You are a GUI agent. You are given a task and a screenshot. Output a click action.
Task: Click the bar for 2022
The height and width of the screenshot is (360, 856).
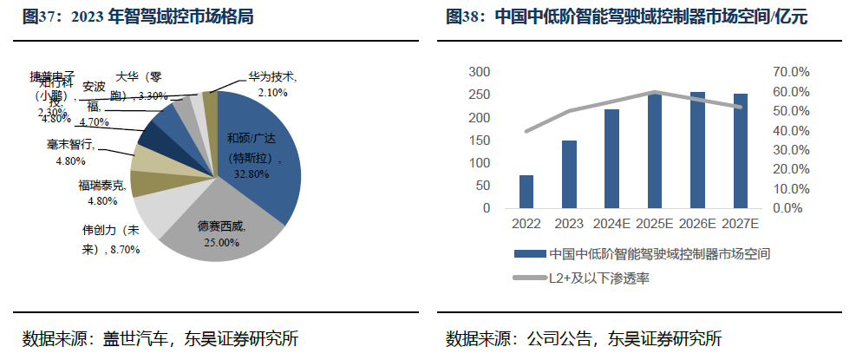click(x=526, y=192)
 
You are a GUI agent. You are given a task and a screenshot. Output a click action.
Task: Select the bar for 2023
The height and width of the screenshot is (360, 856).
click(x=569, y=174)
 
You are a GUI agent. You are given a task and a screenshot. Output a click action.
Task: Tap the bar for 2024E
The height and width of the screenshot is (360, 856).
click(x=612, y=159)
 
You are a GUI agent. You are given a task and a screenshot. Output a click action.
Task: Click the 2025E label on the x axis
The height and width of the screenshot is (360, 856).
click(x=655, y=224)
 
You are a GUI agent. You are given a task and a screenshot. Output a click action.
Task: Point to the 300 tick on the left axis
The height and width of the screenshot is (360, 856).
click(x=479, y=72)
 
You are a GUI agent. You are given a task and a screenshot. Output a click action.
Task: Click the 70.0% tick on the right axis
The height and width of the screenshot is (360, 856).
click(x=792, y=72)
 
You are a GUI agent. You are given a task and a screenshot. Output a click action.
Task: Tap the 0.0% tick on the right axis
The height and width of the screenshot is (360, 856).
click(x=792, y=208)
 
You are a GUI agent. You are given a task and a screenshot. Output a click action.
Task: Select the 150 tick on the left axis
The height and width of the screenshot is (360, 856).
click(x=479, y=141)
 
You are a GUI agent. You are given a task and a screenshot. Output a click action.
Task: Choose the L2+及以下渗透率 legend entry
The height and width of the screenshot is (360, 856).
click(x=598, y=278)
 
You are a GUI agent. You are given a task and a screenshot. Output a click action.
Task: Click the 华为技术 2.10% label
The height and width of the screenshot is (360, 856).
click(x=272, y=84)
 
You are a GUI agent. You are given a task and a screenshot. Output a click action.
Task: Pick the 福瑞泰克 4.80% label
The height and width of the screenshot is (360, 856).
click(x=99, y=193)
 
